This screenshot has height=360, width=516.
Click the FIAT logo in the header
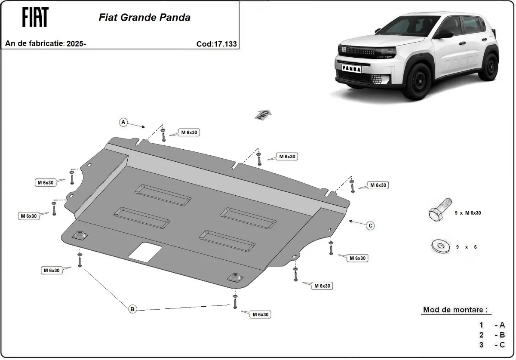point(35,17)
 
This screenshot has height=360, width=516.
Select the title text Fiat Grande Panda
point(144,18)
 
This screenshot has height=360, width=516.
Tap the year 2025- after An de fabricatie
point(77,43)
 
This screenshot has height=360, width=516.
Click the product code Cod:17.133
point(216,43)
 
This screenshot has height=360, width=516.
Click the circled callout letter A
point(123,123)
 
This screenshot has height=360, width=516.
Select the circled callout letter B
point(132,309)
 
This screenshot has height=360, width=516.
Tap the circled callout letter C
point(370,225)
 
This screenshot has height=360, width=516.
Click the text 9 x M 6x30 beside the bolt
point(468,213)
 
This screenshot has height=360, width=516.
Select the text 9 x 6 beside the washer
point(466,247)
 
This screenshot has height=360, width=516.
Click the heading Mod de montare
point(455,310)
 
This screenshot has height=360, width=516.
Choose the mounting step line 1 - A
point(492,325)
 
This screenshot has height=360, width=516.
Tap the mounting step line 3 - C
point(492,345)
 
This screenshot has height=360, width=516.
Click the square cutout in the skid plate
point(145,252)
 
